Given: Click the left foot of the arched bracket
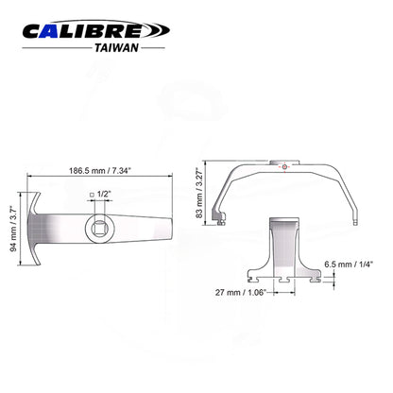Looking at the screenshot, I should tap(221, 223).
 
